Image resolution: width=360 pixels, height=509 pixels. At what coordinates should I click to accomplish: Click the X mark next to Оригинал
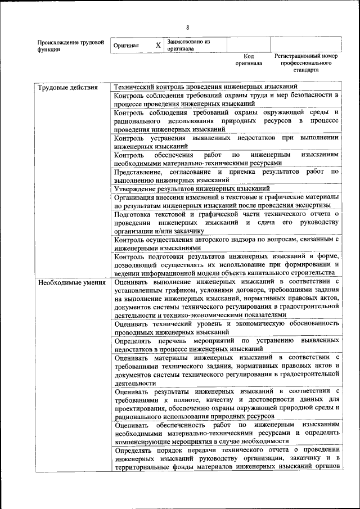point(158,44)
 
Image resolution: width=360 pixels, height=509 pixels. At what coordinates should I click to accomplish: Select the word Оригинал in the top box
point(126,45)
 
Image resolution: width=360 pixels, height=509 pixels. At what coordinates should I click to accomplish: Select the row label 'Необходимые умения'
point(71,282)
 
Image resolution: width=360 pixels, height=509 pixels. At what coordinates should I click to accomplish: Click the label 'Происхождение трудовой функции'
point(70,45)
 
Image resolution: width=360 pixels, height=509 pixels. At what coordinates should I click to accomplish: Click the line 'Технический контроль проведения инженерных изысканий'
point(205,87)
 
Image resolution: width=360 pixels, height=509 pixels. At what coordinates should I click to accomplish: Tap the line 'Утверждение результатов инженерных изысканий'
point(192,188)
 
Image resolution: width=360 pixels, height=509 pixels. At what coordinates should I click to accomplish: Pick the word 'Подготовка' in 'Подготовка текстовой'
point(133,214)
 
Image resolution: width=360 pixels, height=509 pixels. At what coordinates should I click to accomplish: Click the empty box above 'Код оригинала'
point(249,44)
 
